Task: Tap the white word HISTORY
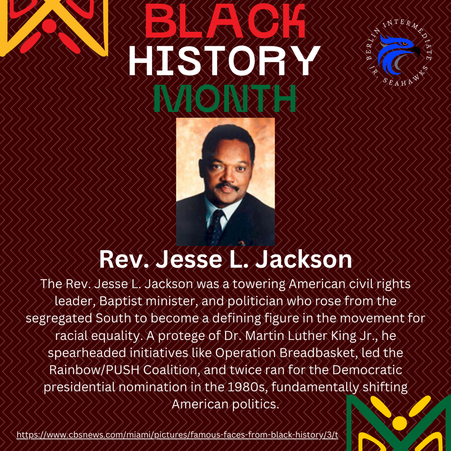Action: pos(225,61)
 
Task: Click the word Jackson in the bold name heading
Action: pos(304,260)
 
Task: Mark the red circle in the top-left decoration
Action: pos(50,26)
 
